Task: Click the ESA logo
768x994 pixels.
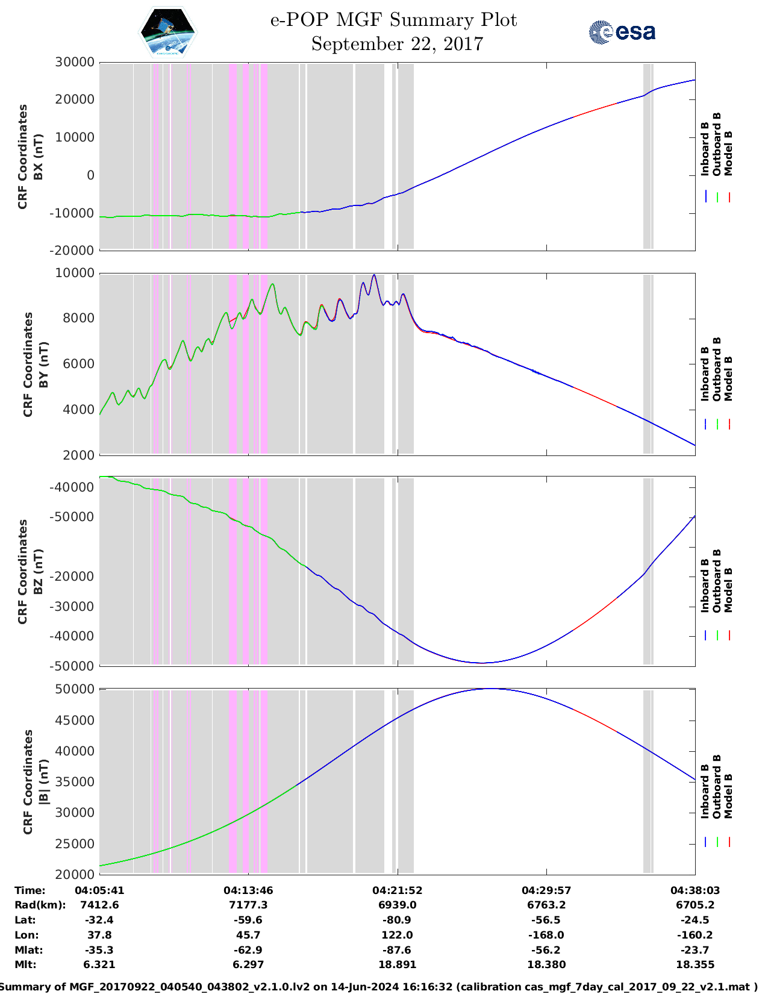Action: [x=622, y=32]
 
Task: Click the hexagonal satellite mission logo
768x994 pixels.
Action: [x=168, y=31]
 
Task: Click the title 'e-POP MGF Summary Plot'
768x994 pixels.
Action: [x=393, y=20]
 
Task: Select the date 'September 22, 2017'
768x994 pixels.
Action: [x=397, y=44]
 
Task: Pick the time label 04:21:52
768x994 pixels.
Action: [x=397, y=890]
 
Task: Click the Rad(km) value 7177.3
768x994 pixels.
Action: [x=248, y=905]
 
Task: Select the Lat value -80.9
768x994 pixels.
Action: [x=397, y=920]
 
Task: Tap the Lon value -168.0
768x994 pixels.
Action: [x=546, y=935]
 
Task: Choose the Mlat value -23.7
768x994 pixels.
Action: [x=695, y=950]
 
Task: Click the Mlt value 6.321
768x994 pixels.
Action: [x=99, y=964]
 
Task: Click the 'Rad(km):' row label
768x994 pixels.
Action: [x=40, y=905]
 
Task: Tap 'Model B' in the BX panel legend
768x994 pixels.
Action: [x=728, y=153]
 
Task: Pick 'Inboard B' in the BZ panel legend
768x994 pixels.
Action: [x=705, y=586]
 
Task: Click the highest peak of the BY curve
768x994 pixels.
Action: [x=374, y=275]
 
